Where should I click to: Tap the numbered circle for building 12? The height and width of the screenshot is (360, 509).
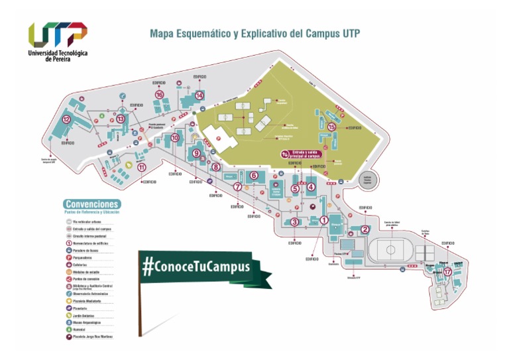[x=66, y=119]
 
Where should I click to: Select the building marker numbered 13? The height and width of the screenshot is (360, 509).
[x=121, y=119]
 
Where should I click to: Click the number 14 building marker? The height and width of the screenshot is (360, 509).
[x=199, y=95]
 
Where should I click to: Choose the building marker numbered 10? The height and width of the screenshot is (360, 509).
[x=175, y=138]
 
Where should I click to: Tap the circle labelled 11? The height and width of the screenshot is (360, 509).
[x=142, y=167]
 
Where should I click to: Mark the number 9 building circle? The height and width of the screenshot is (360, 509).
[x=196, y=153]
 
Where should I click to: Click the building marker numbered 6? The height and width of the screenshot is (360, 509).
[x=254, y=175]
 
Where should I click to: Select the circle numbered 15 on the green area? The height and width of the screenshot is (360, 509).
[x=332, y=127]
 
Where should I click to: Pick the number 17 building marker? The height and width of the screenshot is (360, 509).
[x=448, y=271]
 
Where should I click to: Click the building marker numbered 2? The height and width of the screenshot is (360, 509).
[x=365, y=230]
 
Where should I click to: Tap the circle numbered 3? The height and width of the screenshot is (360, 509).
[x=294, y=222]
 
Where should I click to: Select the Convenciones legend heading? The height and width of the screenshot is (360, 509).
[x=92, y=204]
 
